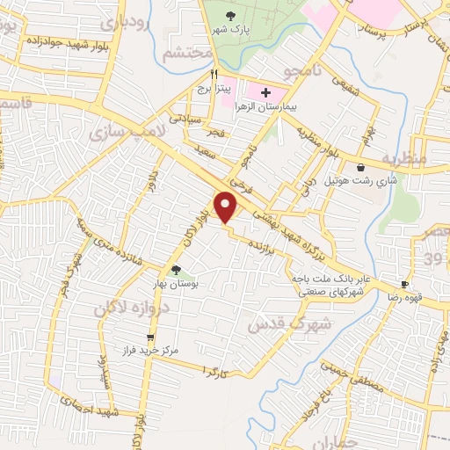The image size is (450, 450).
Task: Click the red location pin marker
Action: (227, 206)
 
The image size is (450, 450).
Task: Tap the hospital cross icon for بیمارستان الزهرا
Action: (266, 92)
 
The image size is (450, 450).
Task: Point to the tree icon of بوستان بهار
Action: (177, 270)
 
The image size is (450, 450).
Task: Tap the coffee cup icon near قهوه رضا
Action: (405, 284)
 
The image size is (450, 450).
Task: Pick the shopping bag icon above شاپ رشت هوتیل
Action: (360, 167)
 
